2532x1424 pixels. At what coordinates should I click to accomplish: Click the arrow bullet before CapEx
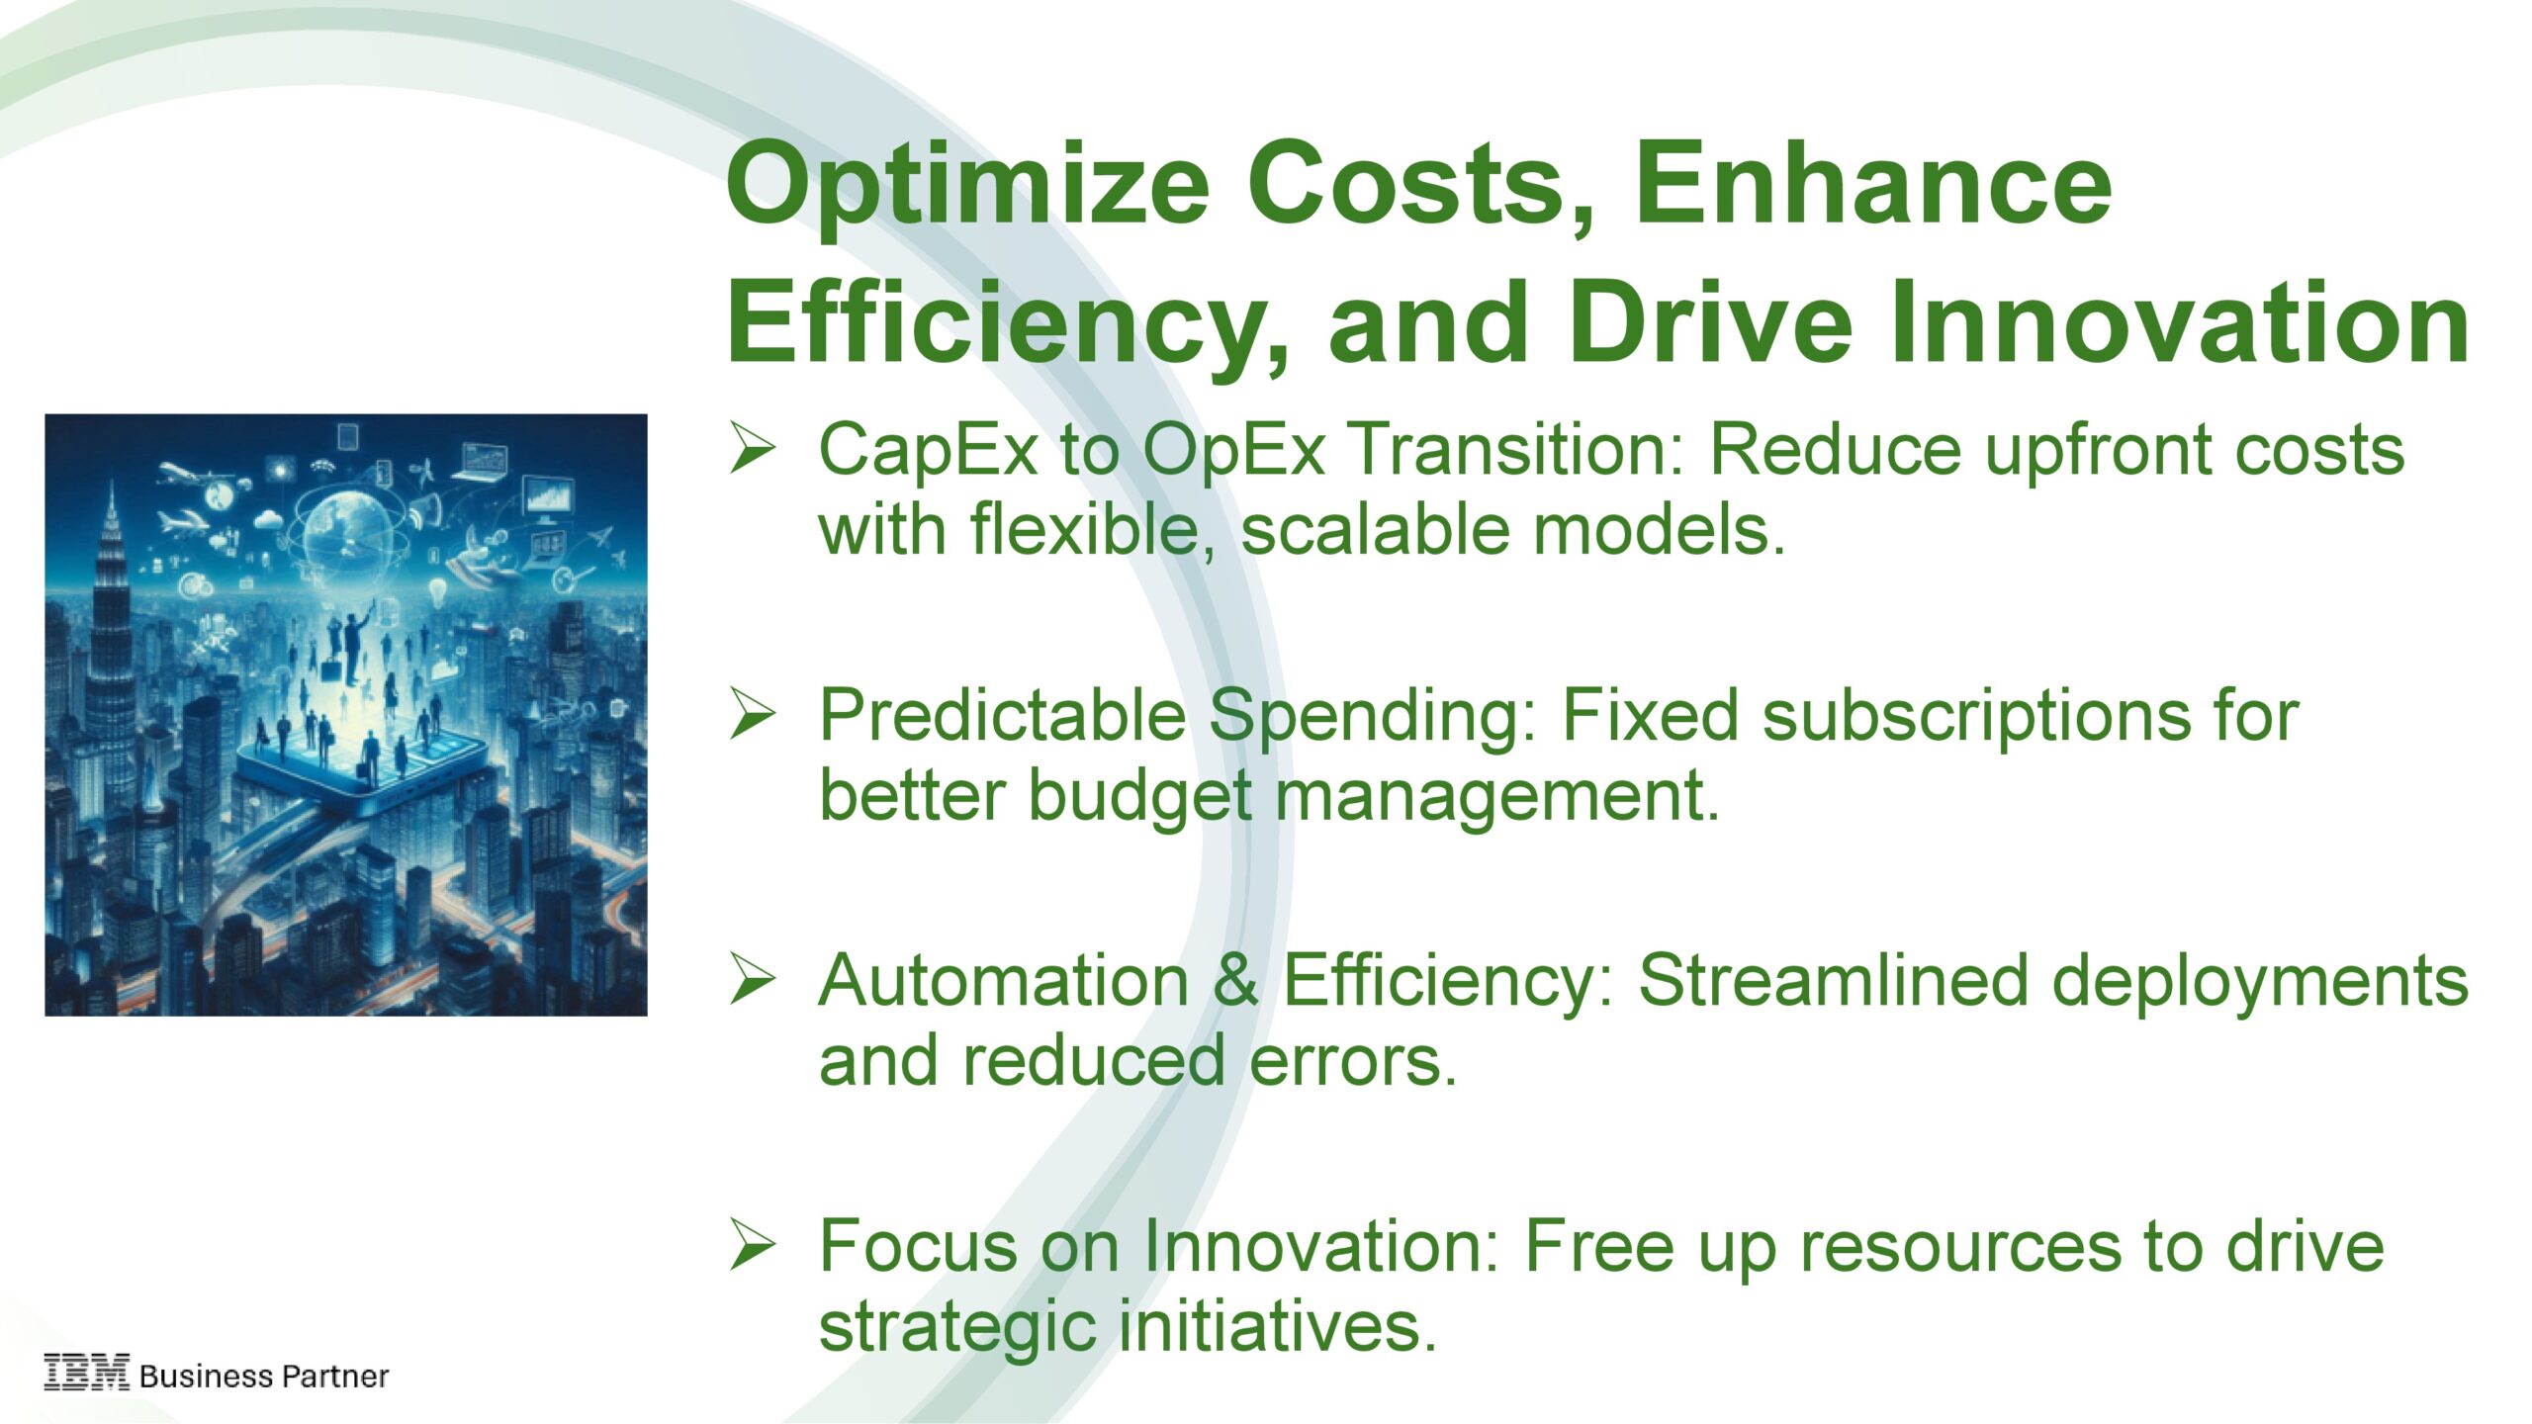753,447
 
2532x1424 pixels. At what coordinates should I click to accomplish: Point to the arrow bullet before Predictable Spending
753,713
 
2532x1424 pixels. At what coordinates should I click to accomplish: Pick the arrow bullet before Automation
753,979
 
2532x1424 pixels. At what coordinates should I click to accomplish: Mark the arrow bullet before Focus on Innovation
753,1244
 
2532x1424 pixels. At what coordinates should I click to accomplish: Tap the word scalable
1376,529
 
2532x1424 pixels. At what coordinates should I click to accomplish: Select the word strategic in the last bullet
957,1327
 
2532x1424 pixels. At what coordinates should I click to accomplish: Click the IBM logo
86,1373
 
